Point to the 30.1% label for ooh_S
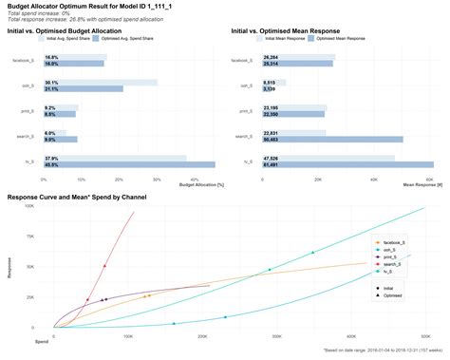pyautogui.click(x=51, y=83)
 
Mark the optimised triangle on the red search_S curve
pyautogui.click(x=104, y=266)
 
